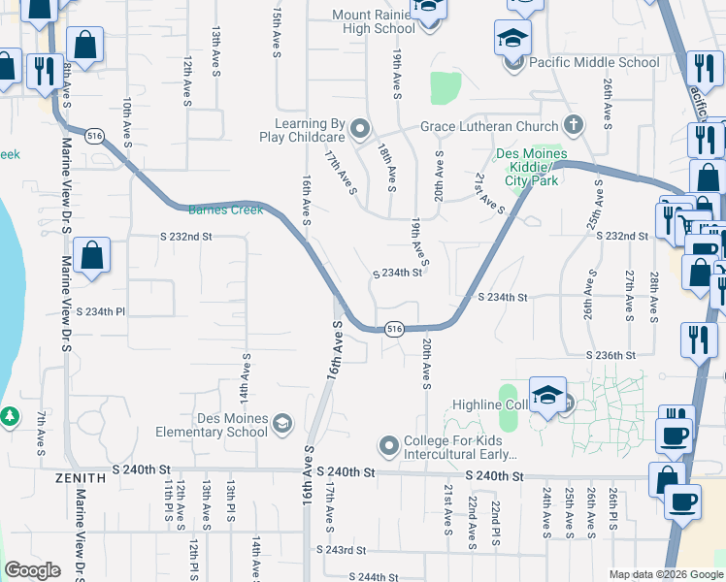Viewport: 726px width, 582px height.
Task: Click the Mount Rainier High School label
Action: (x=374, y=21)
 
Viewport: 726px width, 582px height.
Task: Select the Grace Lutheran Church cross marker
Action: (x=574, y=126)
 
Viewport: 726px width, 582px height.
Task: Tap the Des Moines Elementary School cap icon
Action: (x=281, y=422)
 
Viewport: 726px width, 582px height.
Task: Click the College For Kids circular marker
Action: (x=388, y=445)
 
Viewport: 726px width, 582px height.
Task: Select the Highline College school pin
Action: (x=547, y=396)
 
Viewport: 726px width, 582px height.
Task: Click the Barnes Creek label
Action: (x=213, y=210)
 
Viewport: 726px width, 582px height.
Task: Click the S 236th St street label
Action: (x=610, y=356)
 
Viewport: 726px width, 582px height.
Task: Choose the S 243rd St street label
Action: (x=346, y=549)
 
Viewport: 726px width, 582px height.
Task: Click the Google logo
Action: (x=32, y=570)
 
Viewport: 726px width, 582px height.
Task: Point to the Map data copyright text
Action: (x=666, y=574)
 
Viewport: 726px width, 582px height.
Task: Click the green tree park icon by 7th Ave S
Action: (x=9, y=415)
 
